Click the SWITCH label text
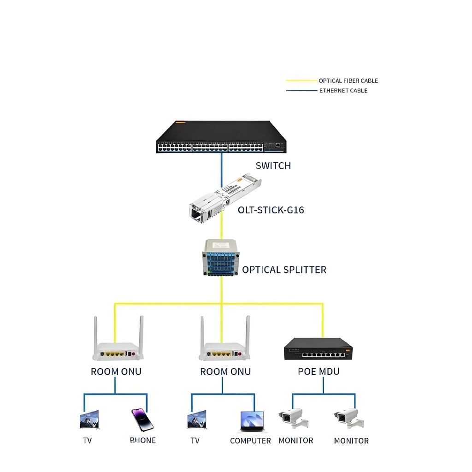pos(273,165)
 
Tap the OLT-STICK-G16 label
pos(271,210)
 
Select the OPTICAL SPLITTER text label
pos(284,270)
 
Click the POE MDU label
pos(319,372)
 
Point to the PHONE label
pos(143,440)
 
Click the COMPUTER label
pos(250,441)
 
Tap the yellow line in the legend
pos(301,81)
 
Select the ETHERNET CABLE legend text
pos(343,90)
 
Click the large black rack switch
pos(221,137)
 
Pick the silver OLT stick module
pos(221,199)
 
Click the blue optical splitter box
pos(222,258)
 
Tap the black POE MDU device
pos(318,349)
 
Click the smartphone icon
pos(142,419)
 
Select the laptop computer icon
pos(252,421)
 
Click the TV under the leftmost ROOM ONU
pos(89,420)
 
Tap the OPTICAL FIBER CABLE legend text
pos(348,81)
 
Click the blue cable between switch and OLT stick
pos(221,163)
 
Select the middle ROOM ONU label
pos(225,372)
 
